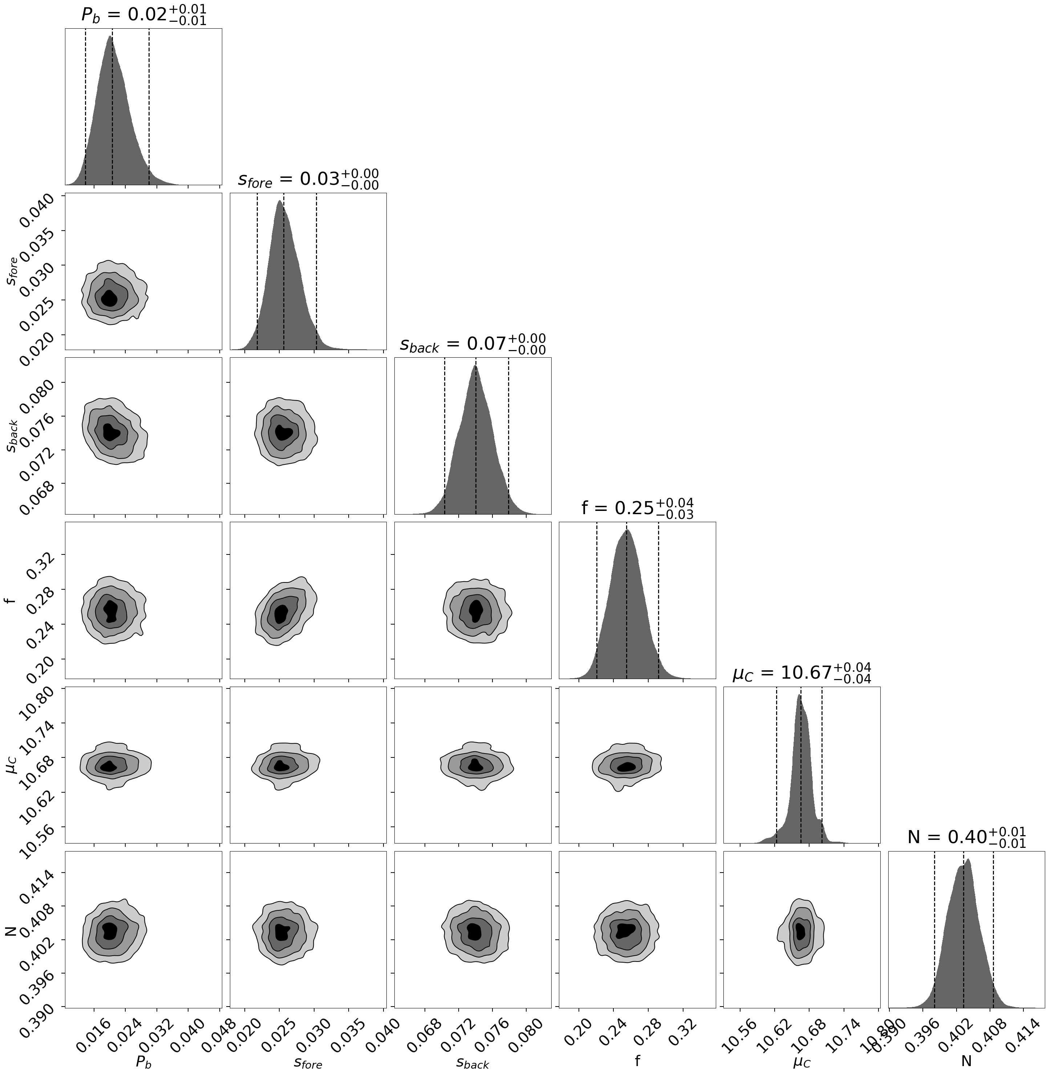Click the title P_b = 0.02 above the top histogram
tap(143, 15)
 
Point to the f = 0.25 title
tap(637, 508)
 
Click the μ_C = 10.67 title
tap(802, 673)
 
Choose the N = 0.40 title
tap(966, 837)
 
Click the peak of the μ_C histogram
tap(799, 695)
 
